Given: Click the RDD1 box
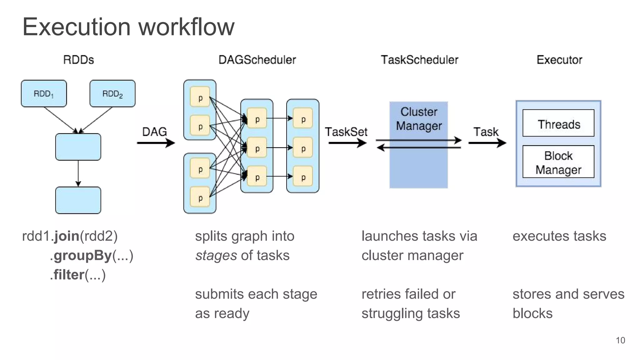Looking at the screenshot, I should coord(44,93).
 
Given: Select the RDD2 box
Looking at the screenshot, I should coord(112,93).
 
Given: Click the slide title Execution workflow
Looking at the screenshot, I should coord(128,27).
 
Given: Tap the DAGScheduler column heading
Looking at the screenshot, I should coord(257,60).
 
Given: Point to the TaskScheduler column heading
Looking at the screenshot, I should coord(419,60).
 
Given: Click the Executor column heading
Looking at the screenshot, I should coord(559,60).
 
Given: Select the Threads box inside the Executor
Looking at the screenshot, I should coord(558,123).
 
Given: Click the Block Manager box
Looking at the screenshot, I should coord(558,162).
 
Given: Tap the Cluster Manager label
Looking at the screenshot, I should coord(419,119).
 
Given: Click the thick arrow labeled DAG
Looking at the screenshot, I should coord(156,143).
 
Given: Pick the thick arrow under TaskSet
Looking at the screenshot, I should coord(347,143).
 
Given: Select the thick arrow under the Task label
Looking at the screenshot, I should coord(487,143).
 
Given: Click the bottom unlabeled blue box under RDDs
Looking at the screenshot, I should coord(78,200).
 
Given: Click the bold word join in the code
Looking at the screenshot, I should coord(67,236).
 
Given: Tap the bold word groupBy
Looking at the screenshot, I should coord(83,256).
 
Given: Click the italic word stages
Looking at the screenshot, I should coord(216,256).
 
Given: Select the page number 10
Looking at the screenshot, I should coord(620,340).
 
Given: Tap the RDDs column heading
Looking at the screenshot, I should coord(78,60).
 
